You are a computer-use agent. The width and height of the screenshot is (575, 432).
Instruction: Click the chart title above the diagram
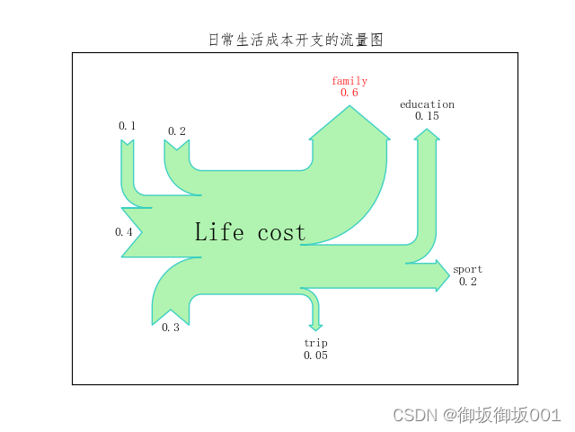click(295, 40)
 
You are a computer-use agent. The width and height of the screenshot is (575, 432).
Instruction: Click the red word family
click(349, 81)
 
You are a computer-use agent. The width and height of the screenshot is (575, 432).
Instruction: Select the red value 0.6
click(349, 93)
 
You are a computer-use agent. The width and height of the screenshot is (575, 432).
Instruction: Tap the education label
click(427, 104)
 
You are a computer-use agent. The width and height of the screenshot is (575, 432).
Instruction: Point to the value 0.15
click(427, 116)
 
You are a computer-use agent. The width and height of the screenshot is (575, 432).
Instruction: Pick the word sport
click(467, 269)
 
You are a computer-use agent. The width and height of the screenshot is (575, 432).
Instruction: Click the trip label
click(315, 343)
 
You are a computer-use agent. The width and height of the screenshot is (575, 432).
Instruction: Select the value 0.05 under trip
click(315, 355)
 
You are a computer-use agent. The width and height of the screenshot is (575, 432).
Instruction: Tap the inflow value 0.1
click(128, 126)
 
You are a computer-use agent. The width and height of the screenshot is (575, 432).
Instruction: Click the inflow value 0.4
click(124, 232)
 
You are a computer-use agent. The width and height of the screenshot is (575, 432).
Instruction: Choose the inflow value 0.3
click(171, 328)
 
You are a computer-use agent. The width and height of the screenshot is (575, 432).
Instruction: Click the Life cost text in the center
click(250, 232)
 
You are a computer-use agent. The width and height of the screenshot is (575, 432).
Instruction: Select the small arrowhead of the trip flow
click(315, 328)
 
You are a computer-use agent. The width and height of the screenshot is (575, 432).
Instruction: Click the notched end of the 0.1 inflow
click(128, 144)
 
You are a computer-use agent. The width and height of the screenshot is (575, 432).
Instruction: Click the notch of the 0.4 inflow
click(135, 232)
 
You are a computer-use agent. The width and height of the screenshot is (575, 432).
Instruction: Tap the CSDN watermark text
click(476, 415)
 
